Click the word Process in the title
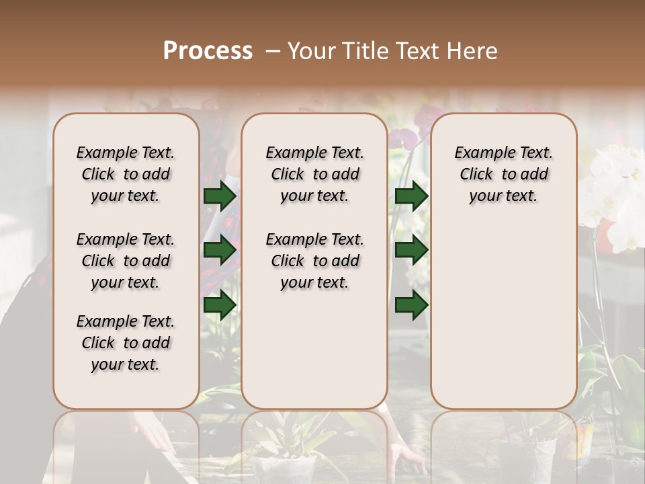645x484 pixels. coord(208,51)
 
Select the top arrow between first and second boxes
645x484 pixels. coord(220,196)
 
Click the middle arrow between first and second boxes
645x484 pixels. coord(220,250)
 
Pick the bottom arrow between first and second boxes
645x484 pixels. coord(220,305)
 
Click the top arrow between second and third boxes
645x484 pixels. coord(411,196)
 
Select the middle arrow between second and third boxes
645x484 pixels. coord(411,250)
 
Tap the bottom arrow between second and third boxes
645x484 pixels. coord(411,305)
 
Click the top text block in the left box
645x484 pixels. coord(126,174)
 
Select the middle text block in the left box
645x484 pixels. coord(126,261)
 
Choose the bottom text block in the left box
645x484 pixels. coord(126,343)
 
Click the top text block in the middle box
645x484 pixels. coord(314,174)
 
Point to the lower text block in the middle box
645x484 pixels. coord(314,261)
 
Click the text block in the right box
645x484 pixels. coord(503,174)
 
